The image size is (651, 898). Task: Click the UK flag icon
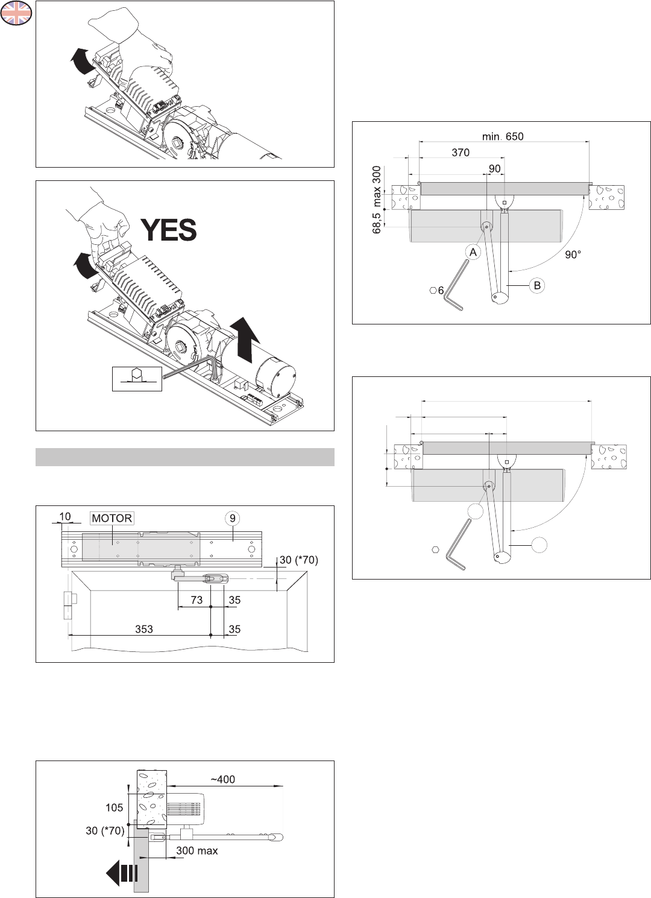click(16, 13)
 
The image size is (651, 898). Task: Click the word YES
click(169, 230)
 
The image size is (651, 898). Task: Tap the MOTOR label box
click(112, 518)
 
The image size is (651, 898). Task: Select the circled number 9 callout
click(232, 517)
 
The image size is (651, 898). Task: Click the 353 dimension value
click(144, 629)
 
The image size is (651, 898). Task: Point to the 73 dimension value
click(197, 600)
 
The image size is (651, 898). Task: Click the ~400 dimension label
click(222, 779)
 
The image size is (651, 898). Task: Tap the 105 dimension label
click(114, 808)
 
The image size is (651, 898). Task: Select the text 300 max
click(197, 851)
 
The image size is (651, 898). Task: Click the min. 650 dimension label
click(503, 136)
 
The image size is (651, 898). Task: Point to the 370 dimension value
click(461, 153)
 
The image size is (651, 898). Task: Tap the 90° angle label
click(573, 255)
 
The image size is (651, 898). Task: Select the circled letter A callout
click(473, 252)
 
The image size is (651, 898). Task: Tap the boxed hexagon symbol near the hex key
click(137, 378)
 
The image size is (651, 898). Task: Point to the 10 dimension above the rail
click(65, 516)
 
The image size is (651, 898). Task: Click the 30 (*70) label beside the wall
click(105, 830)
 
